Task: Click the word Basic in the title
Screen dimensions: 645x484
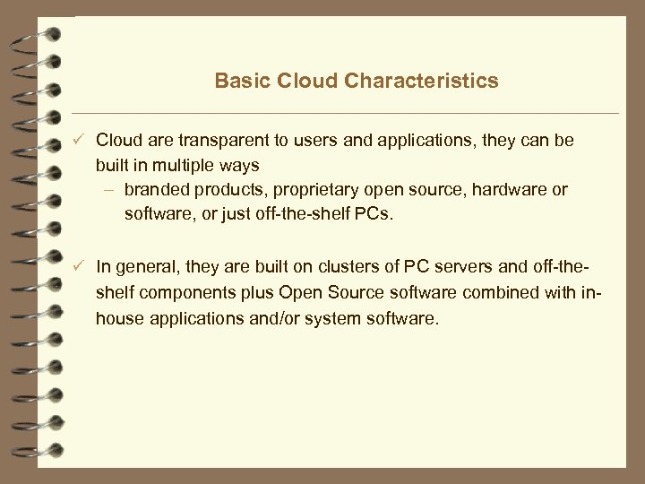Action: click(240, 82)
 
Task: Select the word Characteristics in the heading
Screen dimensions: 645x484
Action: click(421, 82)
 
